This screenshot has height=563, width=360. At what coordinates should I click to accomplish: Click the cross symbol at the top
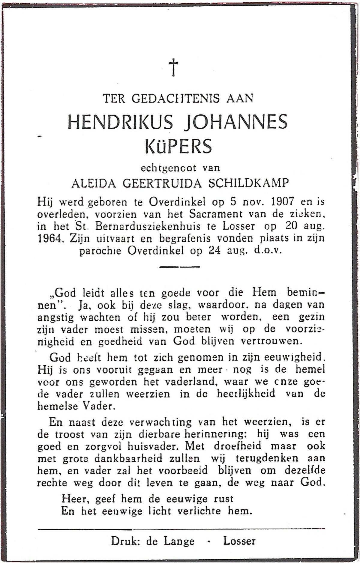pos(173,67)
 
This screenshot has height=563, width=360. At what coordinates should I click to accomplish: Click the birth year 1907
pos(282,202)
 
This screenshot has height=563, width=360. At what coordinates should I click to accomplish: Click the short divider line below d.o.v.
pos(179,267)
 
